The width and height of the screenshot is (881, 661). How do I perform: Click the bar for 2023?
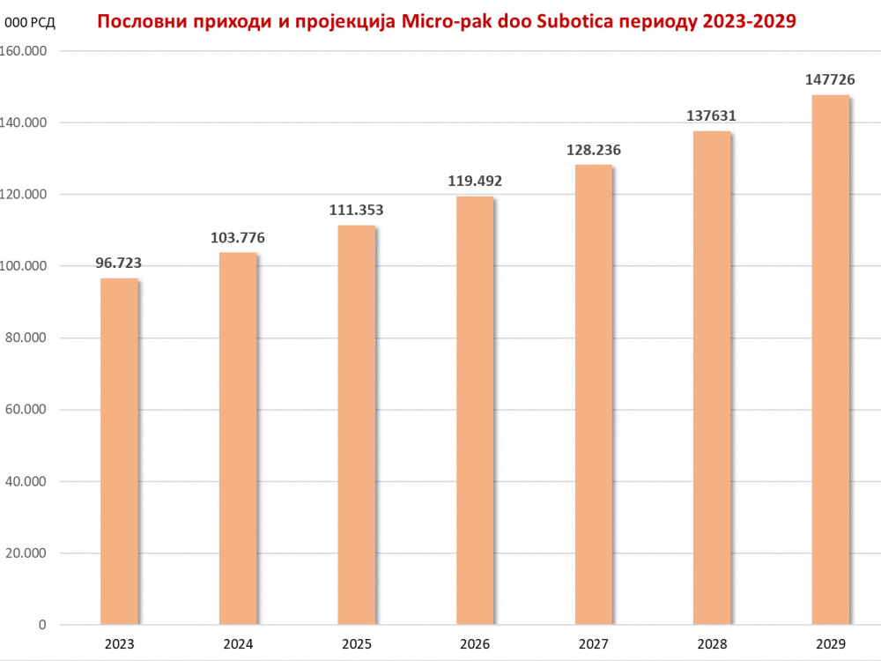(x=119, y=451)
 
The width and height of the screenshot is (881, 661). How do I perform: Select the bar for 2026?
(x=475, y=411)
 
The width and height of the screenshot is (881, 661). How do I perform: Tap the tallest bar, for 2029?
(x=831, y=360)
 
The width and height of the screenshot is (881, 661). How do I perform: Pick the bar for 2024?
(x=238, y=438)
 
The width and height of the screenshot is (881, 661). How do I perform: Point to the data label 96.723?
(x=119, y=263)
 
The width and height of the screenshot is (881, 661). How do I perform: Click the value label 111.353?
(x=356, y=210)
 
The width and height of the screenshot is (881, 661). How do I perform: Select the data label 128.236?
(x=593, y=150)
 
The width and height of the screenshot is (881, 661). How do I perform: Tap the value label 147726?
(x=830, y=79)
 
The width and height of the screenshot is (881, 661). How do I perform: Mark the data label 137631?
(x=711, y=115)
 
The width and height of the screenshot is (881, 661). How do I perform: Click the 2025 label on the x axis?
(x=357, y=643)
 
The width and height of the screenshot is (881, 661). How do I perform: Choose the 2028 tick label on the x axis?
(x=712, y=643)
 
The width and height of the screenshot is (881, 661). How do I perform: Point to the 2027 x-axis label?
(x=593, y=643)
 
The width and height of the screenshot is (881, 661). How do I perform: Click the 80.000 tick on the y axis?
(x=26, y=338)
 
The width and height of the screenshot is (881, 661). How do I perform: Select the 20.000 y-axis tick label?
(x=26, y=553)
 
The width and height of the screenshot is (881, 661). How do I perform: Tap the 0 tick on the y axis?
(x=42, y=625)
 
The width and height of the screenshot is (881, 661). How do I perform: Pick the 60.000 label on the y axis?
(x=26, y=409)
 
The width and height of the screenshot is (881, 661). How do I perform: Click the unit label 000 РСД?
(x=30, y=23)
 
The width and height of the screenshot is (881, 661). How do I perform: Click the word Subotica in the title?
(x=570, y=21)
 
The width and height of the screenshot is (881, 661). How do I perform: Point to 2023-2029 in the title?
(x=749, y=21)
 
